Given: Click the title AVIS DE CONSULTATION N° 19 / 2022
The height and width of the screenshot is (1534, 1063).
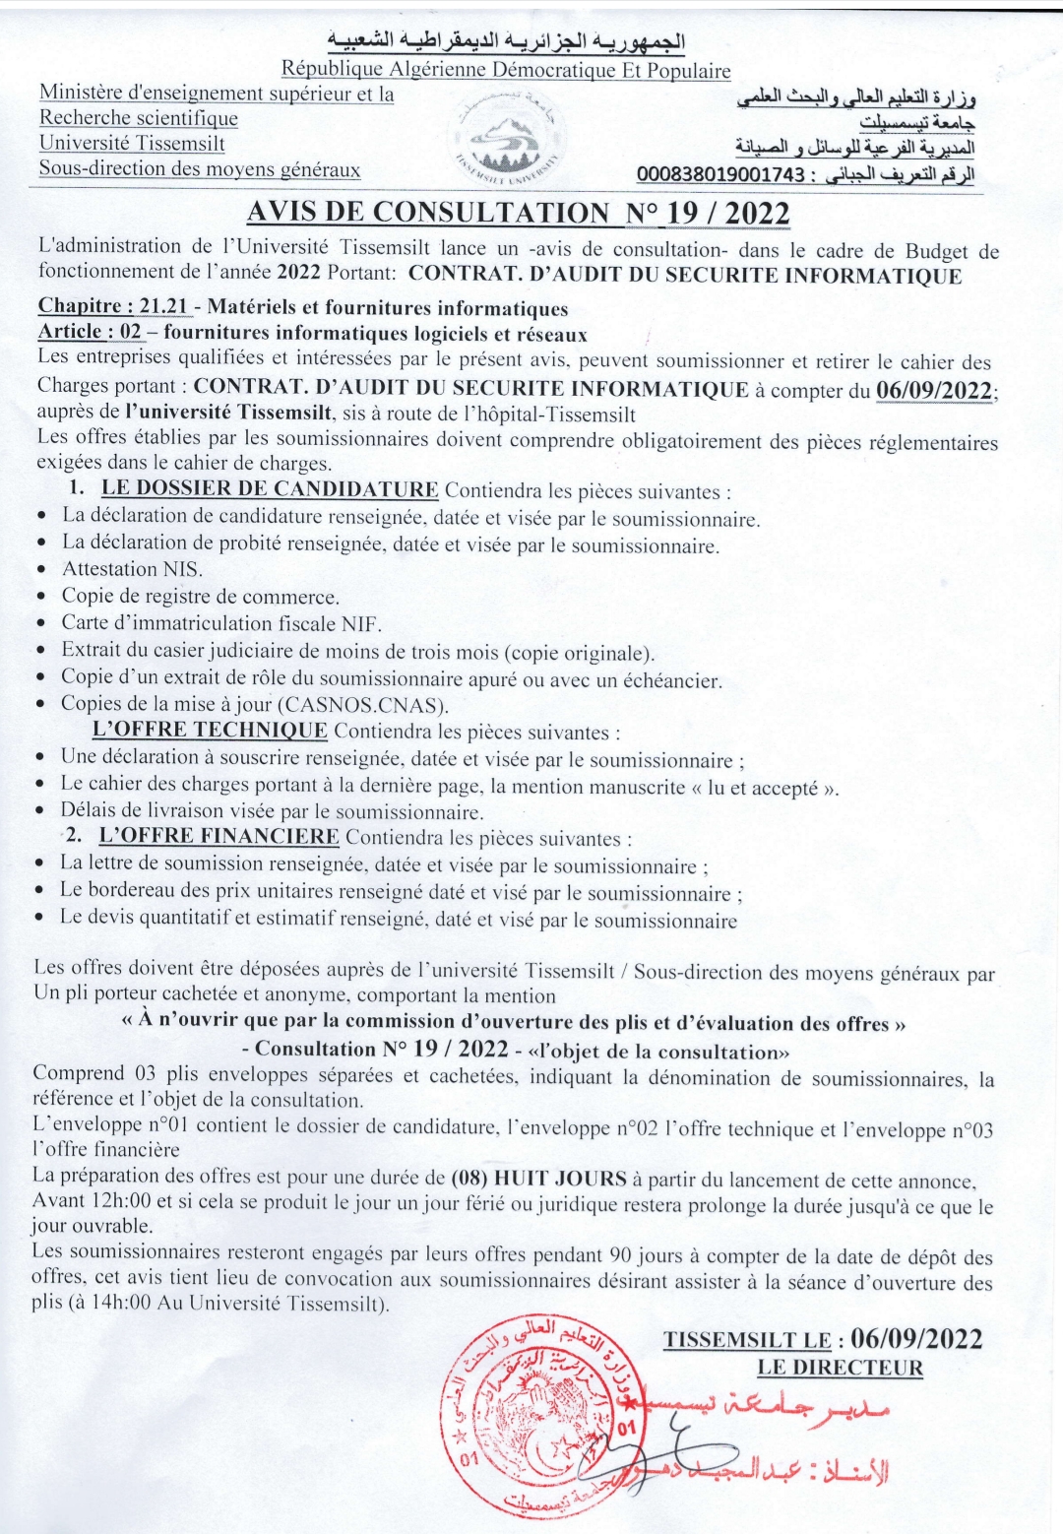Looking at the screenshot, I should point(518,212).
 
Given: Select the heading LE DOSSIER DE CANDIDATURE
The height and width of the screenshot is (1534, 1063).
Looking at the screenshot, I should point(270,489).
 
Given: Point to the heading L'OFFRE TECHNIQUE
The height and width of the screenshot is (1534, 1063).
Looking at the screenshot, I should point(209,731).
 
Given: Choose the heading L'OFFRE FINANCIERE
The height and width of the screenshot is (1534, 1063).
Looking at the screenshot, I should point(219,838).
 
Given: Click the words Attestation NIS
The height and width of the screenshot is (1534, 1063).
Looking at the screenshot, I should point(132,569).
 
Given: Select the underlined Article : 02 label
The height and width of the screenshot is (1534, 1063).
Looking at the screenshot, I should point(90,334).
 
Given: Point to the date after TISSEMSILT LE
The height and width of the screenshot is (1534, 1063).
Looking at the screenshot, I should point(916,1338).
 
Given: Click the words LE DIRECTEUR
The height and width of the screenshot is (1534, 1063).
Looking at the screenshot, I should point(840,1367).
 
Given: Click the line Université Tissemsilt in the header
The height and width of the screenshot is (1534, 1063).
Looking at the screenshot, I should point(132,144).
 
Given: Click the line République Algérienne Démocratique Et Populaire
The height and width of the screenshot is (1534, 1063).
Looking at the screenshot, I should point(506,70).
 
